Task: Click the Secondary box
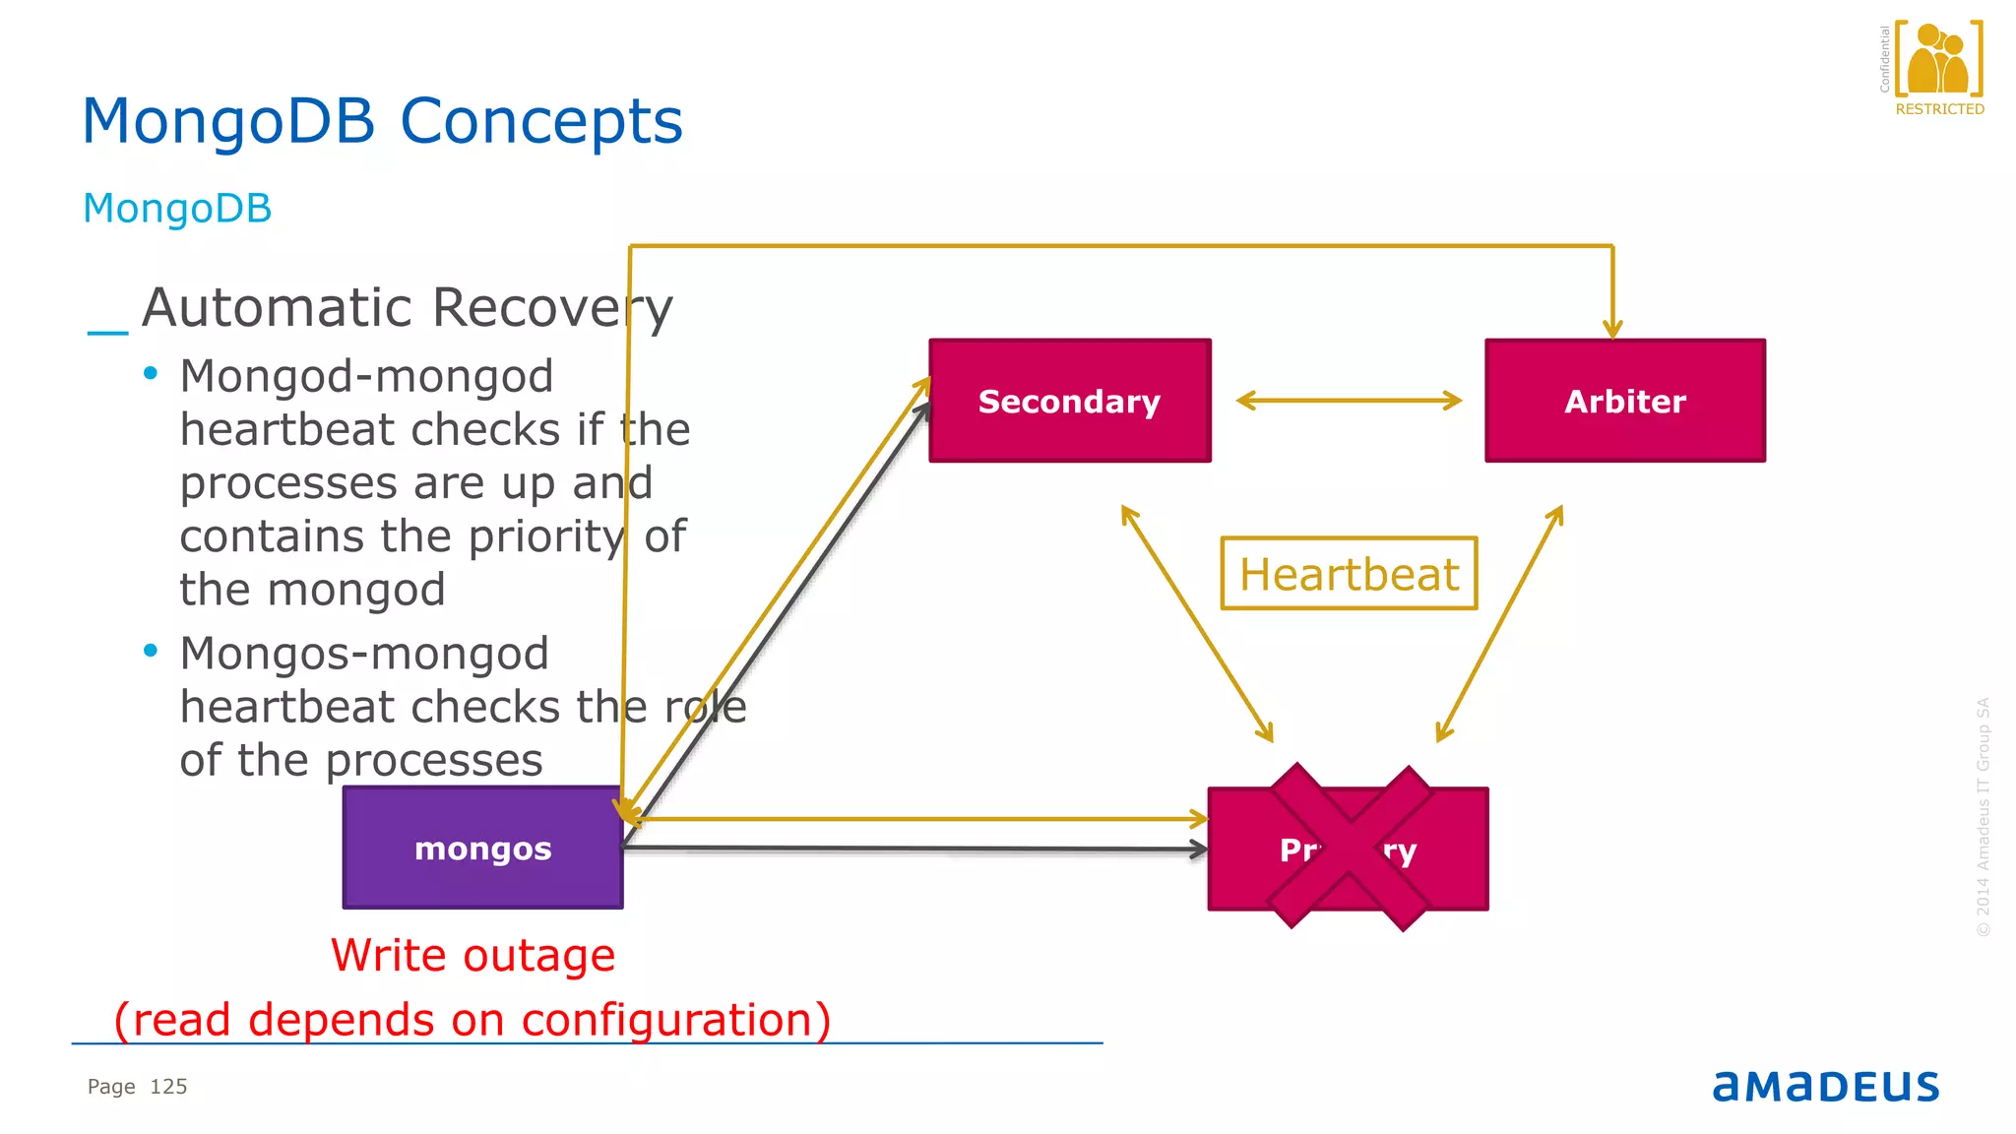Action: [x=1069, y=401]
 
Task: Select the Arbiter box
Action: [x=1624, y=401]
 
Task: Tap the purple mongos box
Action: [x=482, y=848]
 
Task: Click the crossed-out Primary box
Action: [x=1348, y=849]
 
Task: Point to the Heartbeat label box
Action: [x=1349, y=574]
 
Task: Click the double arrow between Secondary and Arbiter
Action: [x=1349, y=400]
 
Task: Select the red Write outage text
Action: [x=472, y=956]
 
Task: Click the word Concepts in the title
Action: [x=540, y=122]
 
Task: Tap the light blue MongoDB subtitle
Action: [x=177, y=209]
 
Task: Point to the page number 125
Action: [x=168, y=1087]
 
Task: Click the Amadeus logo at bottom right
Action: [x=1825, y=1087]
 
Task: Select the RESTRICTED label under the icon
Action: [x=1939, y=109]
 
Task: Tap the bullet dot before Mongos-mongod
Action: [x=151, y=651]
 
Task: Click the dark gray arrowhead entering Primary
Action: [x=1198, y=849]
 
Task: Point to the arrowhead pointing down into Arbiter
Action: [x=1611, y=329]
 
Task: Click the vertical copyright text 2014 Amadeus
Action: [x=1983, y=817]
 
